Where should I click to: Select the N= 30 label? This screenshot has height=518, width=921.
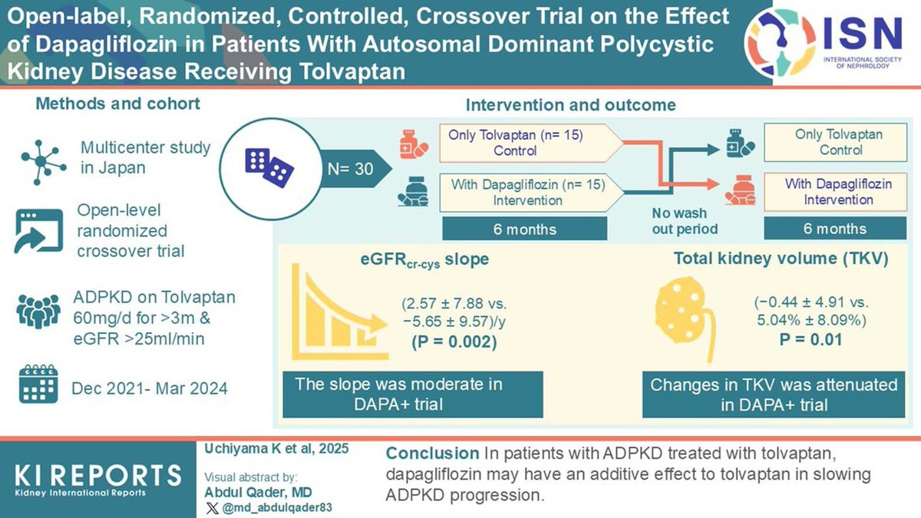tap(348, 168)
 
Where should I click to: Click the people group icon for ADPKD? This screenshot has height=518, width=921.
tap(38, 314)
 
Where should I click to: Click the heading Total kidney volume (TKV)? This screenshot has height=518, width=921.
tap(781, 259)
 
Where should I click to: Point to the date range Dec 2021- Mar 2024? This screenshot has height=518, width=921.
tap(149, 388)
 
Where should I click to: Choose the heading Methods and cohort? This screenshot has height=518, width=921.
tap(118, 104)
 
